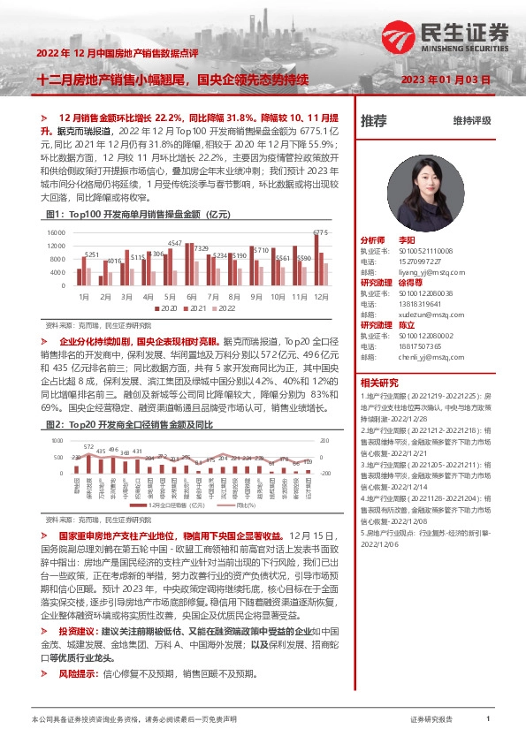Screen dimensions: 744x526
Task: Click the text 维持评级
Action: pos(471,121)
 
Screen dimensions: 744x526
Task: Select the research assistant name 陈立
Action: pos(408,324)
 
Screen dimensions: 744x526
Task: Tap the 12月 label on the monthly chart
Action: pos(321,296)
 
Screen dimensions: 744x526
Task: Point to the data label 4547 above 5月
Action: pos(175,242)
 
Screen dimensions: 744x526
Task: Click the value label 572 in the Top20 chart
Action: pos(88,447)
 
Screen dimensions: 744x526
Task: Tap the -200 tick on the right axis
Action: pos(324,474)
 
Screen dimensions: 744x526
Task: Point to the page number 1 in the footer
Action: pos(488,720)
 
